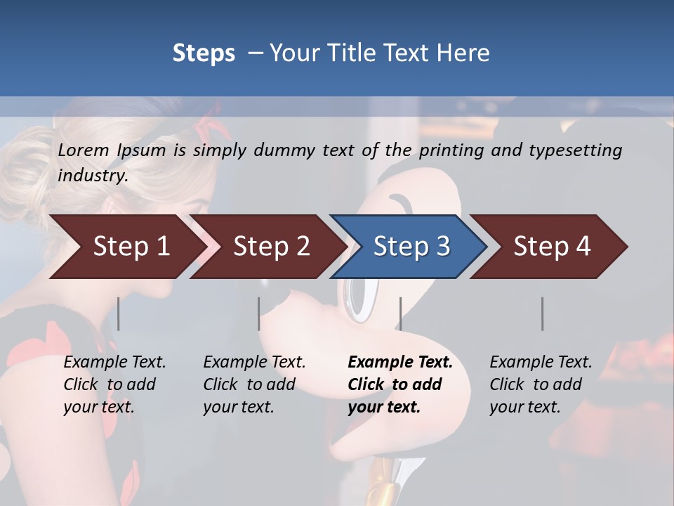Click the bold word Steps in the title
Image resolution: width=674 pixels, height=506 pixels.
tap(204, 53)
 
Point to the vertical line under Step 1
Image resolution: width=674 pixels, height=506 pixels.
tap(118, 313)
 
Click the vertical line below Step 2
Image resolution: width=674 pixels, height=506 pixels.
tap(258, 313)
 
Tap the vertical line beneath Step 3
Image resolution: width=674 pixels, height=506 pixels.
tap(400, 313)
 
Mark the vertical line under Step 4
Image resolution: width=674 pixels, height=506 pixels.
tap(542, 313)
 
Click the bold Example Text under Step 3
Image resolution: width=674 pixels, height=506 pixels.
tap(400, 363)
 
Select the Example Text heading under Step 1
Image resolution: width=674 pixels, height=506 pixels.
tap(114, 363)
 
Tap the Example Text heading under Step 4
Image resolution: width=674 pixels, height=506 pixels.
tap(541, 363)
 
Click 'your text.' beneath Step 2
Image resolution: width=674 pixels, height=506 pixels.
tap(239, 407)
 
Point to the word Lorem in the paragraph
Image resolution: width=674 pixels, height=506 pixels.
tap(84, 150)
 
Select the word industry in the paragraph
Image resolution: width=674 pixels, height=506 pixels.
tap(92, 176)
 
